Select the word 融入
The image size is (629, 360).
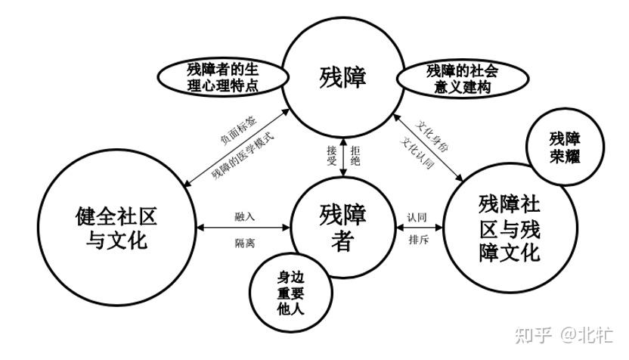click(x=244, y=216)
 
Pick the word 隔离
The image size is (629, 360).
click(x=244, y=241)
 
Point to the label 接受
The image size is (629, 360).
click(x=331, y=155)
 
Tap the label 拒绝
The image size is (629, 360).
click(x=357, y=155)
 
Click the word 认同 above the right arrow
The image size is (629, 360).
click(x=418, y=216)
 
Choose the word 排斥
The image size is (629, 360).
click(x=418, y=241)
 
